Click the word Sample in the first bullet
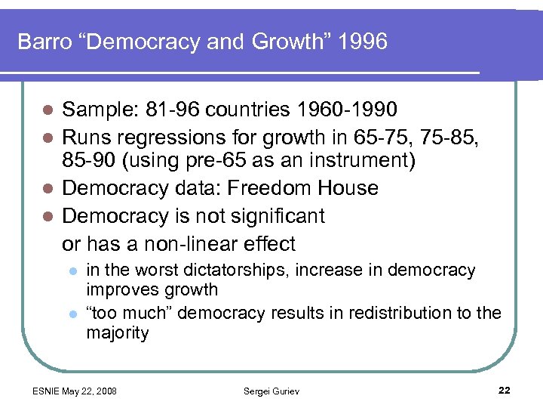tap(94, 110)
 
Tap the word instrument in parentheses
tap(328, 162)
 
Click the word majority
tap(118, 333)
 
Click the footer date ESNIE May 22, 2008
tap(74, 390)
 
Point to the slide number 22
tap(505, 390)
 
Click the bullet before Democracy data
tap(47, 189)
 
